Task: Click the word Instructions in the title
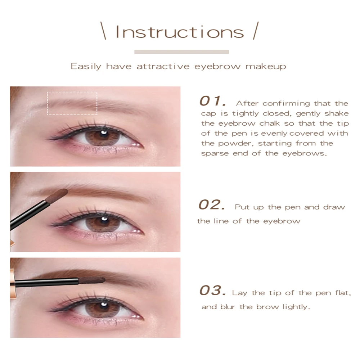tap(180, 32)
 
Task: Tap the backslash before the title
tap(103, 31)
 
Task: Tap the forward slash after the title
tap(256, 31)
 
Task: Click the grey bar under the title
tap(181, 52)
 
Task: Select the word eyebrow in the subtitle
tap(217, 67)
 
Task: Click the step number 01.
tap(213, 101)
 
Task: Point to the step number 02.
tap(212, 204)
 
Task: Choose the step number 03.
tap(213, 291)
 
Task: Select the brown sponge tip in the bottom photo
tap(91, 280)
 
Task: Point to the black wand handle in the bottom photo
tap(46, 282)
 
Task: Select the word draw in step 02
tap(334, 207)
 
